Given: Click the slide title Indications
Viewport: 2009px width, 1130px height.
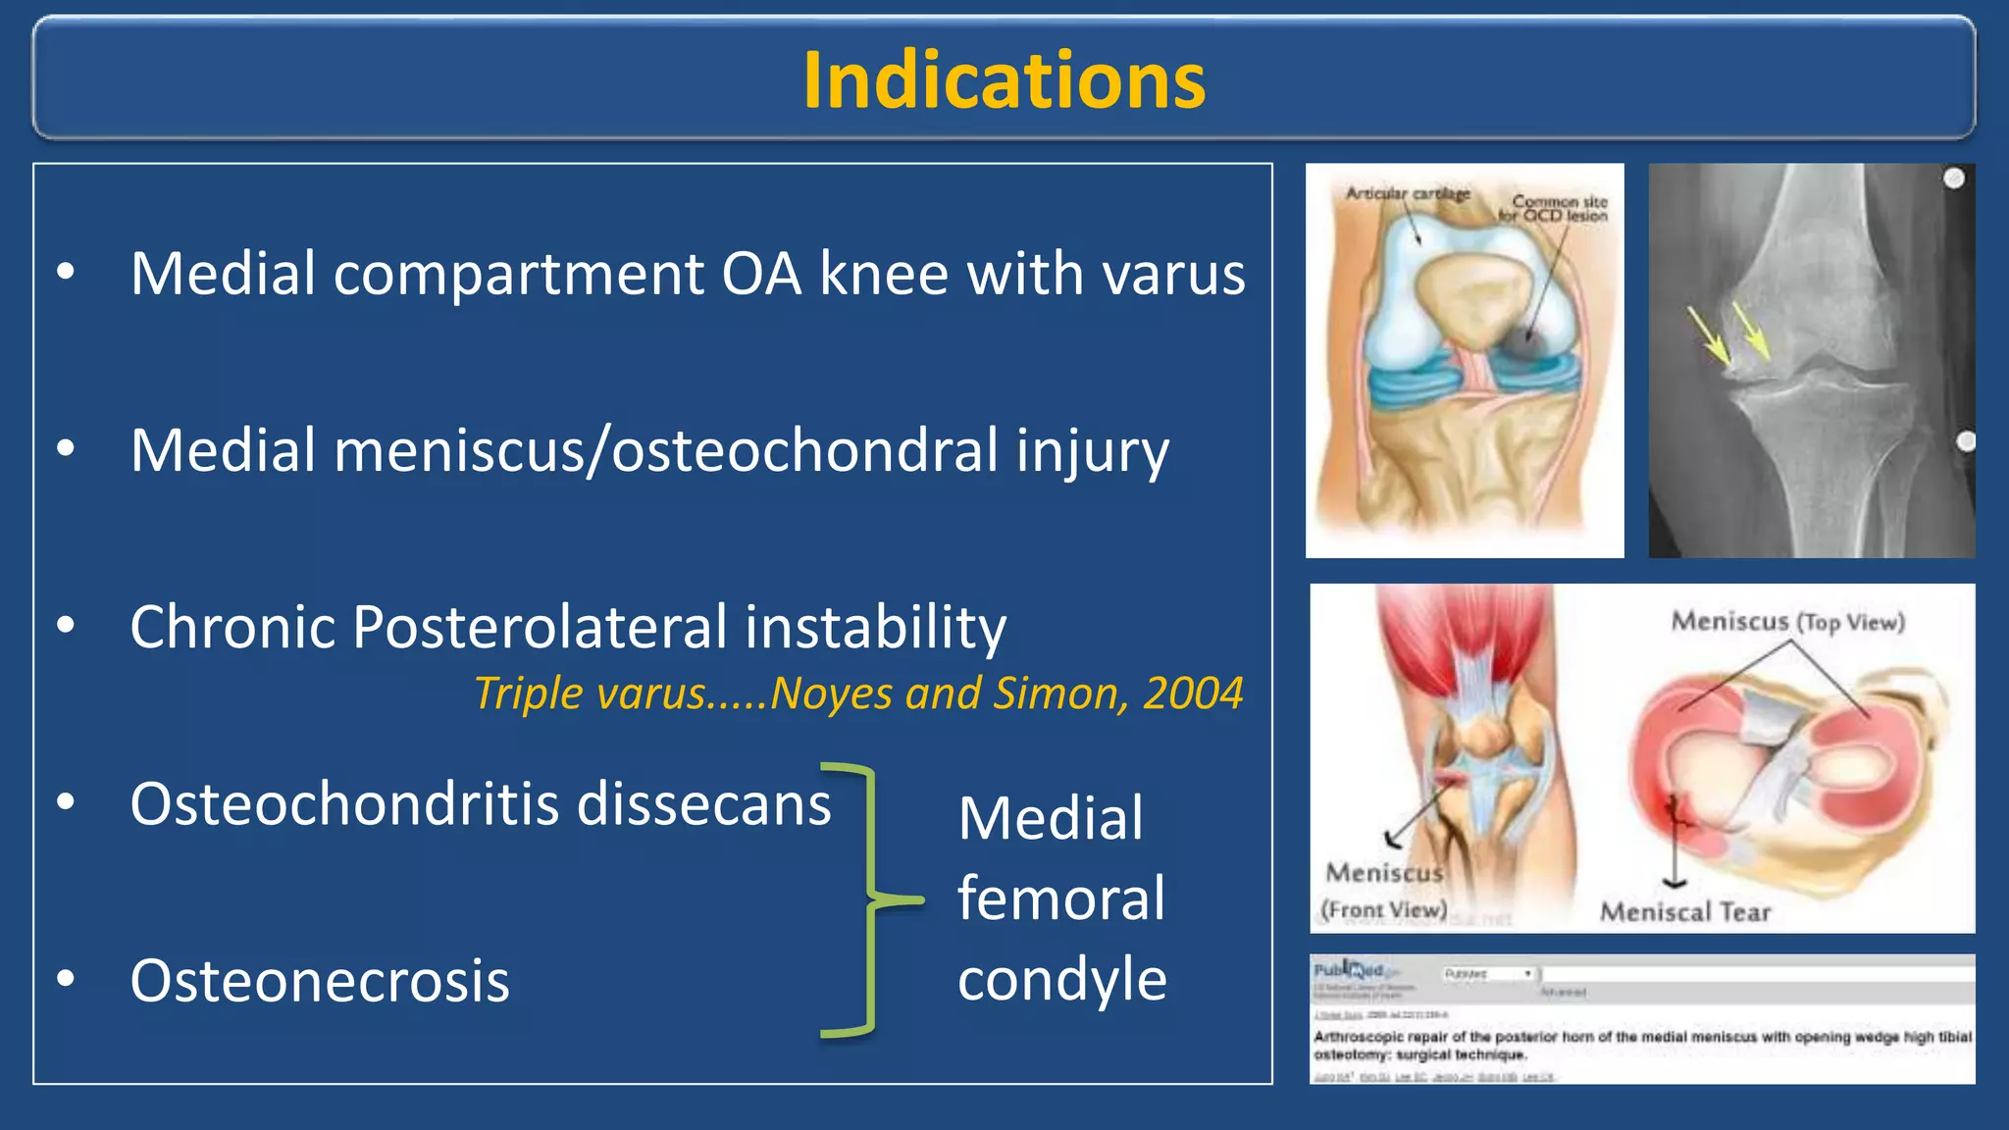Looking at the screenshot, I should click(x=1004, y=80).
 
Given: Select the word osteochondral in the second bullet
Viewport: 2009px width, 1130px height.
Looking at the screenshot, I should click(x=804, y=451).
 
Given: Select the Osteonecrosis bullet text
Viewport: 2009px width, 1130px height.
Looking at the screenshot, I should click(x=320, y=981).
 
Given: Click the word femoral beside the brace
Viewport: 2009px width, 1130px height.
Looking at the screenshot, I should click(x=1061, y=899).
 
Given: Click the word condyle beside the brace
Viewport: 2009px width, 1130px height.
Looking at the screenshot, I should click(x=1062, y=979).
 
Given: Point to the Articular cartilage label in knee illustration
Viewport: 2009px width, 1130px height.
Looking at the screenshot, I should click(x=1408, y=194).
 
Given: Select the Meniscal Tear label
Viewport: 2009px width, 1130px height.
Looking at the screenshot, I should click(x=1684, y=912).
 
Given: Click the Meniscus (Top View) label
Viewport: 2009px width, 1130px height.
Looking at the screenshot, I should click(x=1787, y=622).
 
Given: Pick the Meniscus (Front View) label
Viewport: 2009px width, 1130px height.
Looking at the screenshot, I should click(x=1384, y=891).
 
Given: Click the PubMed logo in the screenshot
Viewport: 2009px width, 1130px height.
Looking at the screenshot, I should click(x=1348, y=970).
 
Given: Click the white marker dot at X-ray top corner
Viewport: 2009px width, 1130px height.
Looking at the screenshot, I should click(x=1953, y=179).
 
